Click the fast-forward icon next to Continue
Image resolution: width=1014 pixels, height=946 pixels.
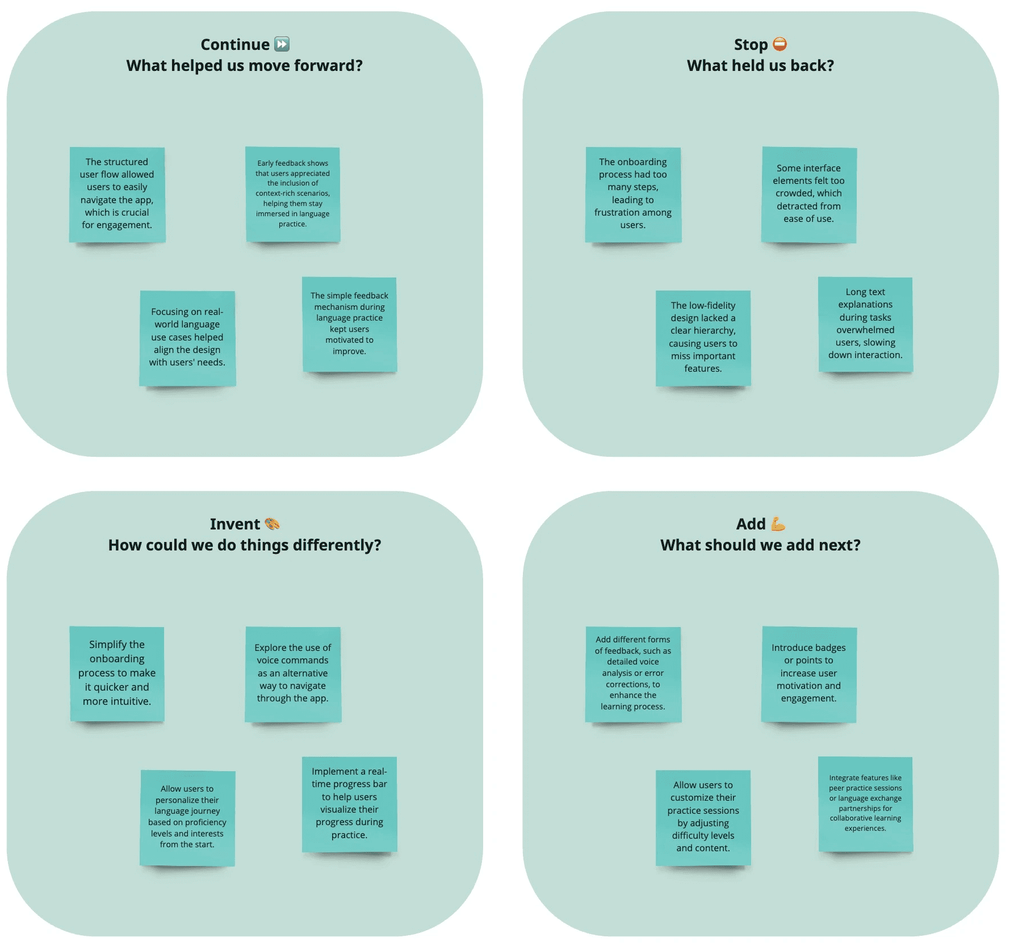pos(282,44)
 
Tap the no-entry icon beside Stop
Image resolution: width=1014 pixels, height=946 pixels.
pos(780,44)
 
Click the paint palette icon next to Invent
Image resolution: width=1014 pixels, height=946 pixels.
pos(272,524)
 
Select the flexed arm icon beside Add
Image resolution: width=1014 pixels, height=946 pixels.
pos(778,524)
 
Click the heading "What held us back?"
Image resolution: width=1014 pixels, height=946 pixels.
pos(760,66)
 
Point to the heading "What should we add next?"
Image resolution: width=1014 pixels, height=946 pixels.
pos(760,545)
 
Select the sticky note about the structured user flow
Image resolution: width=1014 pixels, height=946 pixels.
pos(117,194)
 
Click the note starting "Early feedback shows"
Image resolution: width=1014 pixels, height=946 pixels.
pos(293,194)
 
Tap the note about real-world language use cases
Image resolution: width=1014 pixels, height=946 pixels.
pos(187,338)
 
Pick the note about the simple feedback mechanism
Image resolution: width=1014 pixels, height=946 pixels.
pos(350,324)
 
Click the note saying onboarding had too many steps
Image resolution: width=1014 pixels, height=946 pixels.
pos(633,194)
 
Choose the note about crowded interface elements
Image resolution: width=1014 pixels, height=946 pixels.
pos(808,194)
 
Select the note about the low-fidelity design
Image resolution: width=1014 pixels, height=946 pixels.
pos(703,338)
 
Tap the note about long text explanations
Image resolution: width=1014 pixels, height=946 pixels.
pos(865,324)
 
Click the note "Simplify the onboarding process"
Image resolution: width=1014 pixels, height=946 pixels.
pos(117,673)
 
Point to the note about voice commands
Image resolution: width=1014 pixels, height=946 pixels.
pos(293,674)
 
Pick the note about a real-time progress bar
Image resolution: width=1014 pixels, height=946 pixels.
pos(350,804)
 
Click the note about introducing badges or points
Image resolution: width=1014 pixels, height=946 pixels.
pos(808,674)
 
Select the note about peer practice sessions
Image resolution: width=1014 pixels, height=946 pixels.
pos(865,804)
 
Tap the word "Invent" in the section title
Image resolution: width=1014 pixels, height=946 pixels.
pos(234,524)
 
